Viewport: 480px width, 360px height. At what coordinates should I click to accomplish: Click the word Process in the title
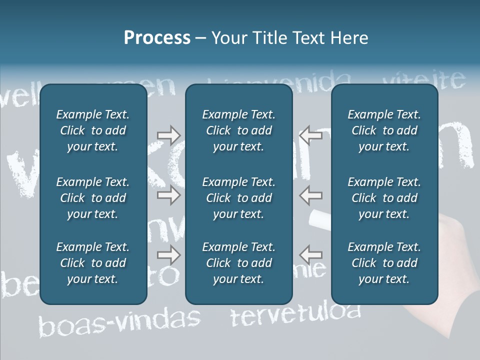[157, 38]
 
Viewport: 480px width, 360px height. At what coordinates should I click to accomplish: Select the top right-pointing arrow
[168, 135]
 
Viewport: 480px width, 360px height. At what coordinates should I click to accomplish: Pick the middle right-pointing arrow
[168, 195]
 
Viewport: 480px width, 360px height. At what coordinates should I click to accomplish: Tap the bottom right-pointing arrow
[168, 255]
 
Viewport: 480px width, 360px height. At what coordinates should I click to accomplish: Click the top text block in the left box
[93, 130]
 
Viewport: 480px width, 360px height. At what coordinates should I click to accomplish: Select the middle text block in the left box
[93, 198]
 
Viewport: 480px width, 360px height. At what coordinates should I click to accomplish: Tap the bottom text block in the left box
[93, 263]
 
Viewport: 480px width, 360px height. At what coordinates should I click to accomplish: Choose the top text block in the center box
[238, 130]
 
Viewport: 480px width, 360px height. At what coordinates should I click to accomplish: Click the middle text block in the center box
[238, 198]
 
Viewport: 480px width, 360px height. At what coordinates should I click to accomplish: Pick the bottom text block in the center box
[238, 263]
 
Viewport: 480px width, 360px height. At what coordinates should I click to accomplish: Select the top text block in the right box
[384, 130]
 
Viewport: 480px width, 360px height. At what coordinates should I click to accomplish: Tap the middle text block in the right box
[384, 198]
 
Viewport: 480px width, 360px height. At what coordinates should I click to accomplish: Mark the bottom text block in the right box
[384, 263]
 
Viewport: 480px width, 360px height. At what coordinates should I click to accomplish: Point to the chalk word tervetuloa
[295, 314]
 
